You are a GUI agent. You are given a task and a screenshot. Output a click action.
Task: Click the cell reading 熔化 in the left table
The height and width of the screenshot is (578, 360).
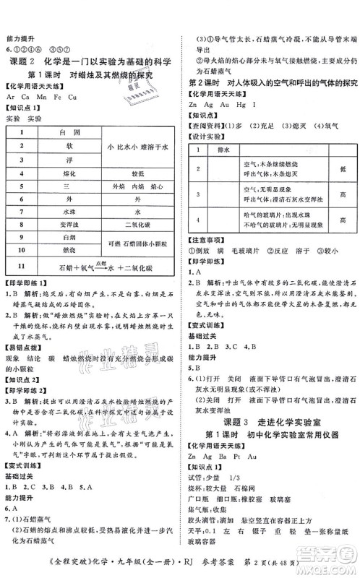pos(69,174)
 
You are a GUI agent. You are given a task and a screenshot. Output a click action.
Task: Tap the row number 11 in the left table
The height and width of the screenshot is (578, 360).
pos(22,265)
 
